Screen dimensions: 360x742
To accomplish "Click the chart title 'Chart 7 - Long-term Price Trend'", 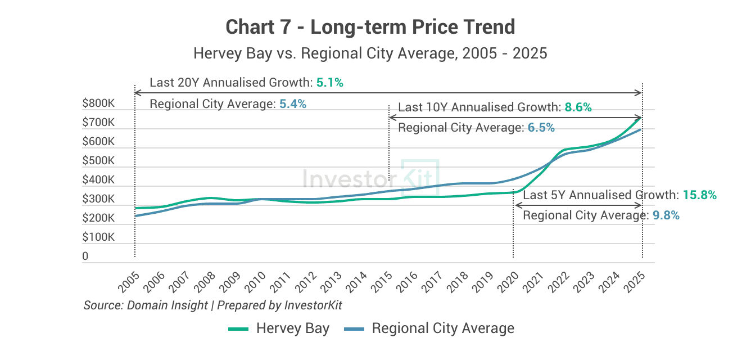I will click(370, 27).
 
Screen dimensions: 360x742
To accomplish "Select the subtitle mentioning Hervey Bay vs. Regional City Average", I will click(370, 53).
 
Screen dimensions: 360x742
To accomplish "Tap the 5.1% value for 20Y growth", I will click(329, 83).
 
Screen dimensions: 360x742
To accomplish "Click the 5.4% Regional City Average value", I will click(292, 104).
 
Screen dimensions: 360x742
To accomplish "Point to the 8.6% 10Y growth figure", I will click(578, 107).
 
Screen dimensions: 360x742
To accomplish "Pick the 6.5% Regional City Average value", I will click(541, 128).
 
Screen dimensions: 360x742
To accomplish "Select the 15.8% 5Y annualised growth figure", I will click(699, 195).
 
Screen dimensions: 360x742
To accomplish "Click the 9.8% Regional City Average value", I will click(666, 215).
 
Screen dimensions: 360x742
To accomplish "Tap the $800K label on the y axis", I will click(98, 103).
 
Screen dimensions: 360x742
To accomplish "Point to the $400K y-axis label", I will click(98, 180).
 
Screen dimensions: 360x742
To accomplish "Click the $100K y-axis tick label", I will click(98, 237).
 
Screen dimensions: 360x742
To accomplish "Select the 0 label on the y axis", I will click(85, 256).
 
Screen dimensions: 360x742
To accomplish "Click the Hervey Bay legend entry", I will click(279, 328).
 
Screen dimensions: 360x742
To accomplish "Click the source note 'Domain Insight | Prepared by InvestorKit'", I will click(212, 305).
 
